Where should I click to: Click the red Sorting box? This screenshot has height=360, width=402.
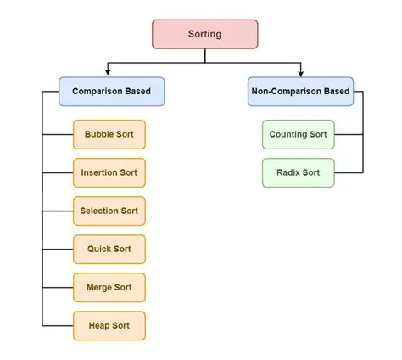point(204,34)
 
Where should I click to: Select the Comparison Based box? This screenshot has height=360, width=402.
point(111,91)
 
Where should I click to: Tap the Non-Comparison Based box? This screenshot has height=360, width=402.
point(299,91)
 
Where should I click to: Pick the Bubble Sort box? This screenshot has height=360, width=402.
point(109,134)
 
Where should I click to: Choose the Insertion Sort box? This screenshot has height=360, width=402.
point(109,172)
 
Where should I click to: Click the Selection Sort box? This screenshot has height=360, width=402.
point(109,211)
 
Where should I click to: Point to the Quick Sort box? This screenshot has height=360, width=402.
point(109,249)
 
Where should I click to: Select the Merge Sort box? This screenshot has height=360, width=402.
point(109,287)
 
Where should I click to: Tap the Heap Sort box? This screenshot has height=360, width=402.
point(109,325)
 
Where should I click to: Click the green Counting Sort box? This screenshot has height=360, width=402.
point(298,134)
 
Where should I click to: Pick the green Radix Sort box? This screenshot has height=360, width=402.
point(298,172)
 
